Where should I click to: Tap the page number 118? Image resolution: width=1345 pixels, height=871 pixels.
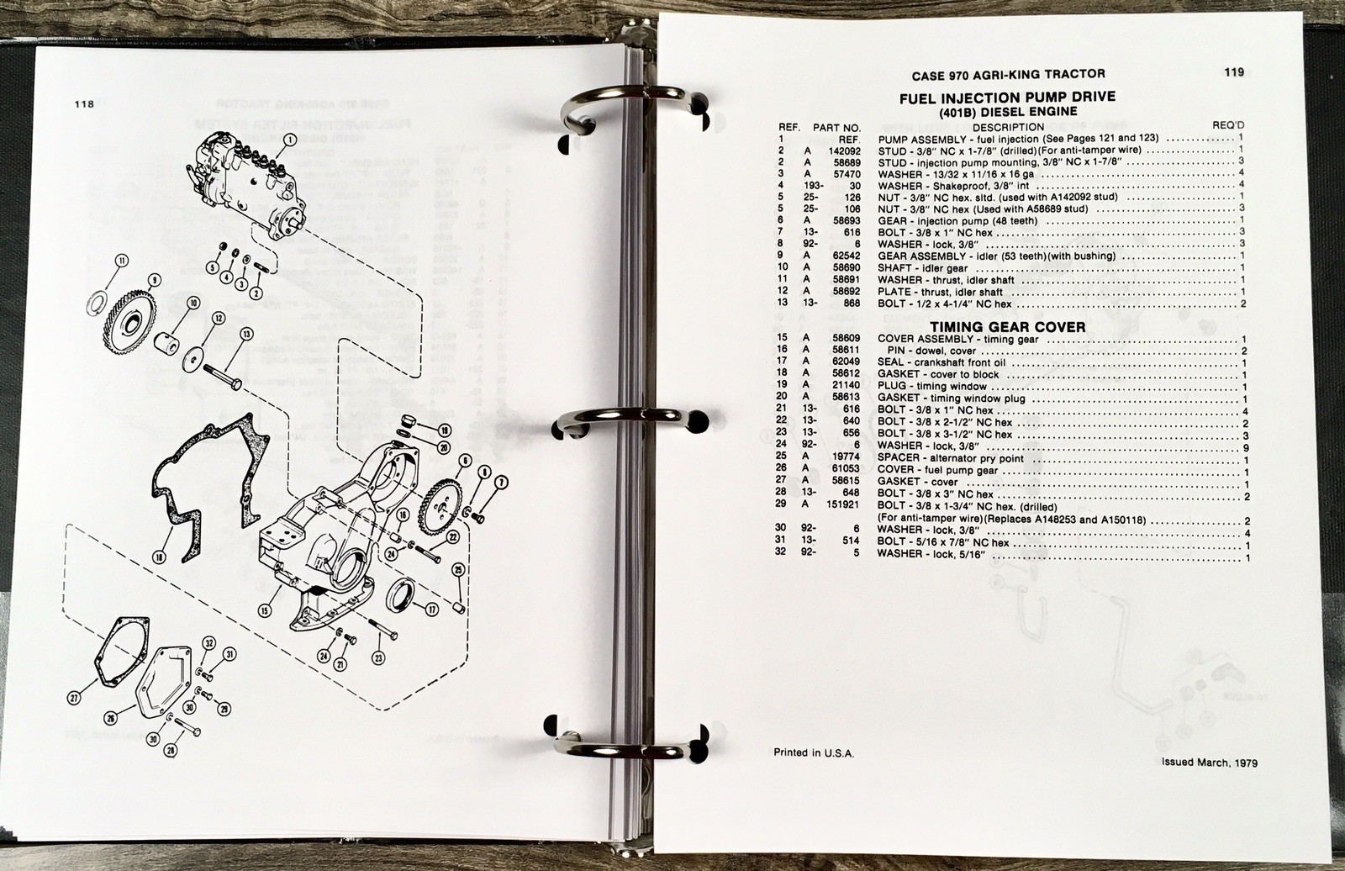point(84,104)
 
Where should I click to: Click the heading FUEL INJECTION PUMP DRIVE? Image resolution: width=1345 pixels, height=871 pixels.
point(1008,98)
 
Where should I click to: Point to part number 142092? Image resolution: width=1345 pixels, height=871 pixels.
point(844,150)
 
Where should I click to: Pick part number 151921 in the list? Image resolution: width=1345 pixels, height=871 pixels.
point(844,504)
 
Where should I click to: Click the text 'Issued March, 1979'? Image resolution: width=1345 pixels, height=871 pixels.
point(1210,763)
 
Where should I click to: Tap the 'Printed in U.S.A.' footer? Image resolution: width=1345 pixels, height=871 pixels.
point(814,752)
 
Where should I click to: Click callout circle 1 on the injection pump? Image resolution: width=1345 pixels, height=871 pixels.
point(289,140)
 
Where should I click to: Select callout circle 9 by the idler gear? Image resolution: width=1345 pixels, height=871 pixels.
point(155,280)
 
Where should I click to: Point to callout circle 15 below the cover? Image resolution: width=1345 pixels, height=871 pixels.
point(264,611)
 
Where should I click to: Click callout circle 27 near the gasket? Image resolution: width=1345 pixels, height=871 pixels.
point(74,699)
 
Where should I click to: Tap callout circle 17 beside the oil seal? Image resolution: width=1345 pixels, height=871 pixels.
point(431,610)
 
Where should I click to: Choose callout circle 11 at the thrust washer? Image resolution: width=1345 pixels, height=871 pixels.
point(122,261)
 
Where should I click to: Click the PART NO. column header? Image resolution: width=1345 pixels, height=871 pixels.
point(836,127)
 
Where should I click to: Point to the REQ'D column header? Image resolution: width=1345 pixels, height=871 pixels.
point(1228,125)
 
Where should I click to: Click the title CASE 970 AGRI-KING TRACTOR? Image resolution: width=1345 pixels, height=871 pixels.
point(1008,75)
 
